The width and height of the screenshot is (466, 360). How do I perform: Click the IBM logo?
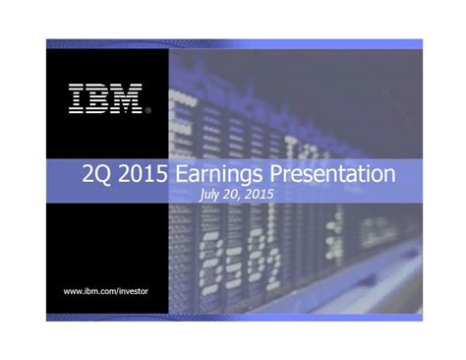(x=105, y=97)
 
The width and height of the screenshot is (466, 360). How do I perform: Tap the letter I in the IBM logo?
(x=77, y=97)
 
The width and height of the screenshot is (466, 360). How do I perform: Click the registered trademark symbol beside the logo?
(x=147, y=110)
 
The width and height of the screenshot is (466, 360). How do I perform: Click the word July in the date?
(x=209, y=195)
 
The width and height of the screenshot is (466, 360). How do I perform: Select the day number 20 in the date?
(x=233, y=195)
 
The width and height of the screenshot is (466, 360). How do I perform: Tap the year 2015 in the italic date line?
(x=260, y=195)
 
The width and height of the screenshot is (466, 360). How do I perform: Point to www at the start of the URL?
(x=72, y=291)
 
